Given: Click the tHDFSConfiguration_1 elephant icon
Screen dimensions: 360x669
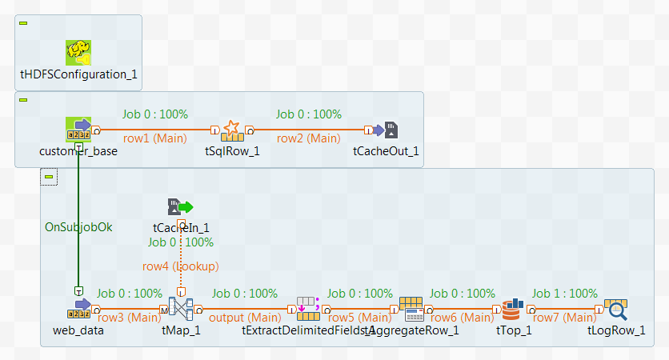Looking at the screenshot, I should pos(78,53).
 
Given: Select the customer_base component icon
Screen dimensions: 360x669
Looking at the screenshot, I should pos(78,130).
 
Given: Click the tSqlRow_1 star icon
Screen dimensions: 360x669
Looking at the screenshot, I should pos(232,130).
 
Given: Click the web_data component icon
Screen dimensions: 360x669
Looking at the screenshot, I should pos(78,309).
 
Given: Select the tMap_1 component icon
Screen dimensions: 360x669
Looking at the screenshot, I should pos(181,309).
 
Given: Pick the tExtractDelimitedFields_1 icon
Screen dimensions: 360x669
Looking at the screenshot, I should pos(308,309).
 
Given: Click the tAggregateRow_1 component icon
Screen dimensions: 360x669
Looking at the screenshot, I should pos(411,309).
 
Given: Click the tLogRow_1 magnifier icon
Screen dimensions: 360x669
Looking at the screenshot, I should pos(616,309).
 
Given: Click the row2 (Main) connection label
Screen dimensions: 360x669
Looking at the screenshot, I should pos(308,138).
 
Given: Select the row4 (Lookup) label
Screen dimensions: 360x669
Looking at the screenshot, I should pos(181,266).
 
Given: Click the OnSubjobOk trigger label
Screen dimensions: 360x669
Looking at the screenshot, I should pos(78,226).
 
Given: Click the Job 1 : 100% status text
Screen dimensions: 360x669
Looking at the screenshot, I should pos(565,294).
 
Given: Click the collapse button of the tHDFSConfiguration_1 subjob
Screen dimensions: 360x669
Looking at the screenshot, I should pos(23,22).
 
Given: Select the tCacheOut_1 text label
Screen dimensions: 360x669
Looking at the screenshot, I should pos(387,152).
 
